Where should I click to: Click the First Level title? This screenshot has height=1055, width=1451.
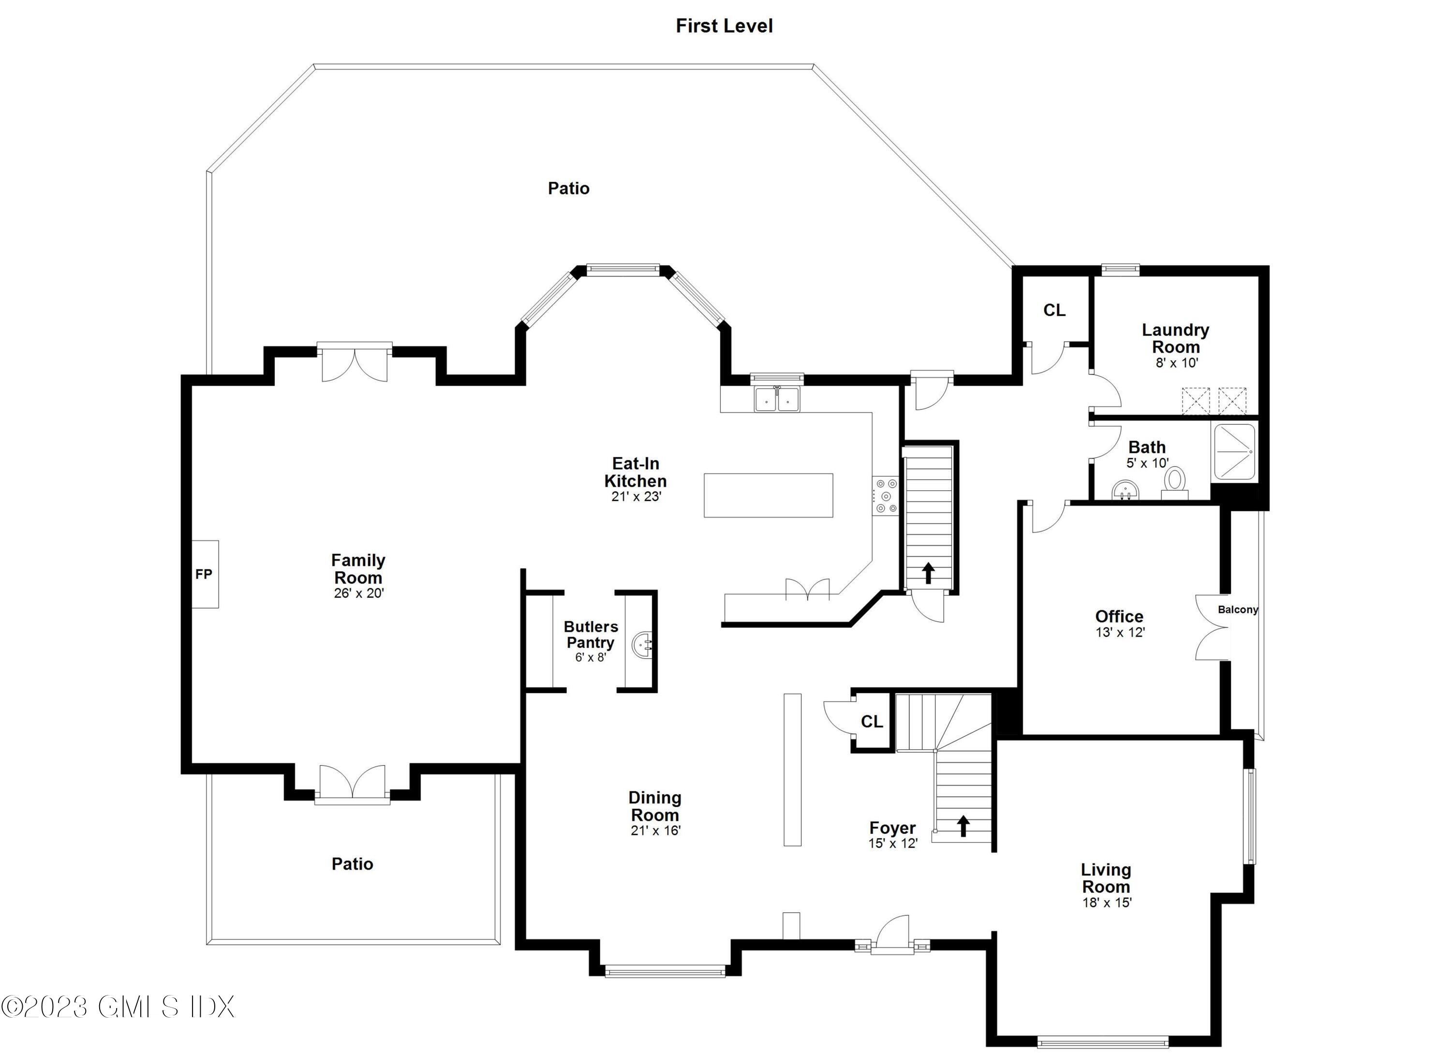click(x=724, y=26)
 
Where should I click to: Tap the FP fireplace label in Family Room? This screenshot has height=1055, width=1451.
click(x=204, y=574)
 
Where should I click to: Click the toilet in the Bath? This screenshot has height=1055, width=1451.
click(x=1175, y=480)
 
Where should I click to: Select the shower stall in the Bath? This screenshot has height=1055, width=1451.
click(x=1235, y=451)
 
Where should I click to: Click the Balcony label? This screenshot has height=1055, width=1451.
click(x=1237, y=609)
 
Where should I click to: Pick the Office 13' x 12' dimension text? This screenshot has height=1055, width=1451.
click(x=1120, y=633)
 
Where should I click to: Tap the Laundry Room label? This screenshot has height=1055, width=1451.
click(x=1175, y=339)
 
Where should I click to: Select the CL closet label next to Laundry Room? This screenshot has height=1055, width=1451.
click(x=1054, y=310)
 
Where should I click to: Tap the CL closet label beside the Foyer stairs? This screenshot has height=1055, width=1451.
click(x=872, y=722)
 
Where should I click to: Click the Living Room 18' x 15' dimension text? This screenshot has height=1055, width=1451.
click(x=1107, y=903)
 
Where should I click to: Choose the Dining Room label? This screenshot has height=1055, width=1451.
click(x=654, y=806)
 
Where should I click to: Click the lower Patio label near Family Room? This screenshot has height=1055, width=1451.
click(x=352, y=864)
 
